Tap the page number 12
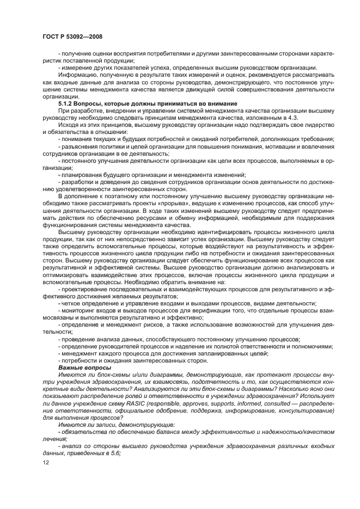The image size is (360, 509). pos(46,463)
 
